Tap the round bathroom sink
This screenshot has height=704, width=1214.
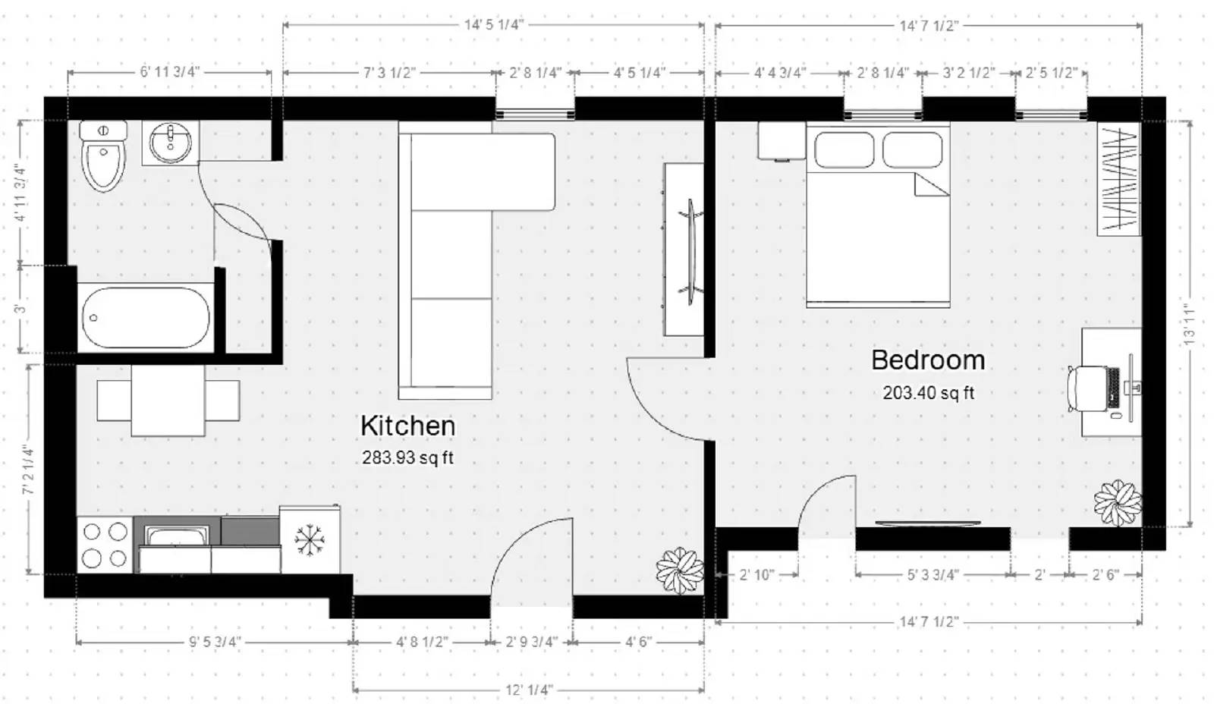click(x=170, y=142)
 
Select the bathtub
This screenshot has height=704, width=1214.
click(x=145, y=317)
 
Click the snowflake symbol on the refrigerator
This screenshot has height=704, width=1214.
click(x=309, y=539)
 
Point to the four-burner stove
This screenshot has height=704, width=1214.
click(x=105, y=545)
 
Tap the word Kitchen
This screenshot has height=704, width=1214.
click(x=407, y=426)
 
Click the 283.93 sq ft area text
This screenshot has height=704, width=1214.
click(x=407, y=457)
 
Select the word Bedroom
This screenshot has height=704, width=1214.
click(x=927, y=360)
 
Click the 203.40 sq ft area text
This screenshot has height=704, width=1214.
click(x=928, y=393)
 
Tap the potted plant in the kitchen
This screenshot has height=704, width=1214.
click(x=679, y=570)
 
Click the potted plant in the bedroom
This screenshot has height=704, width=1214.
click(x=1117, y=503)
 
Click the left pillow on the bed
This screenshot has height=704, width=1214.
click(x=844, y=149)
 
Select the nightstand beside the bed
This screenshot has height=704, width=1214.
click(x=782, y=141)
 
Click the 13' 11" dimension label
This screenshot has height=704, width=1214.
click(x=1189, y=325)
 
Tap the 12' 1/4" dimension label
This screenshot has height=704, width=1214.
click(x=529, y=690)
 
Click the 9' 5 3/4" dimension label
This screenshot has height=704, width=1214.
click(x=215, y=642)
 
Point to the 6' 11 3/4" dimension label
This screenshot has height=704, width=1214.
click(x=169, y=72)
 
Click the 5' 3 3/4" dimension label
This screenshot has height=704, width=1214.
click(x=933, y=574)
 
